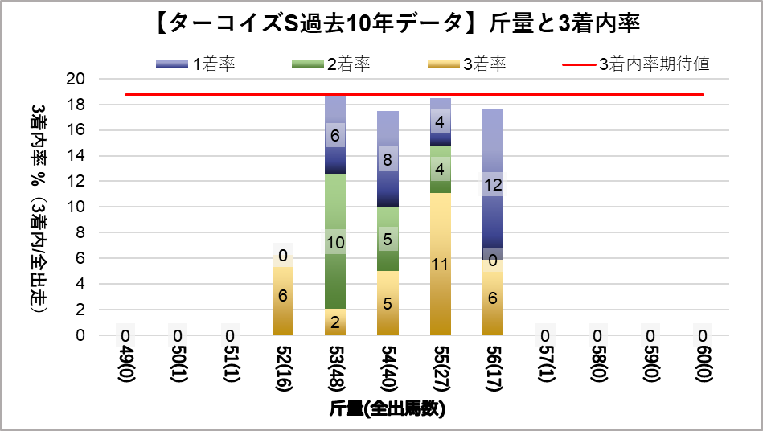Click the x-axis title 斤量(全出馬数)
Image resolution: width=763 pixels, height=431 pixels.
(388, 408)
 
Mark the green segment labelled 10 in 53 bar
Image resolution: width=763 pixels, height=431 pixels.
(336, 241)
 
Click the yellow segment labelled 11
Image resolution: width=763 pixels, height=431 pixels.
(440, 264)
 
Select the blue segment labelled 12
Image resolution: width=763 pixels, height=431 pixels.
(492, 185)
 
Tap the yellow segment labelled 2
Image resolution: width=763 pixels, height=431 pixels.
(336, 322)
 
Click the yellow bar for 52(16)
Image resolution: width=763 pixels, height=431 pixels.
(284, 295)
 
